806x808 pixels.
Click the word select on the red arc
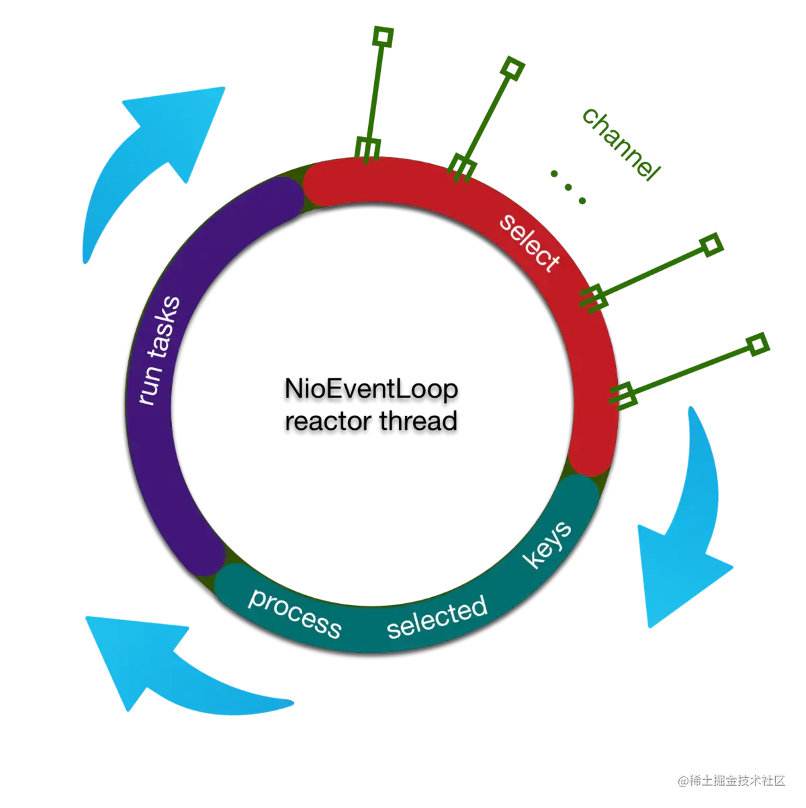[x=529, y=242]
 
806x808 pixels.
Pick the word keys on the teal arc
[x=548, y=543]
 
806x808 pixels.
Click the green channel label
[x=618, y=142]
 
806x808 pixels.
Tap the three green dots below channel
[x=568, y=187]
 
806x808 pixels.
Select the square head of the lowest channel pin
[x=758, y=345]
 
